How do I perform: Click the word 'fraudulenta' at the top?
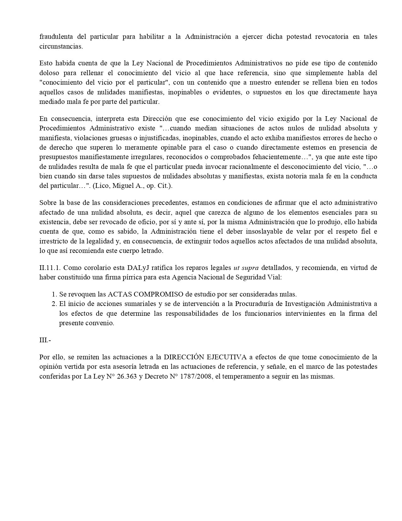(55, 37)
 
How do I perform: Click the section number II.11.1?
(50, 268)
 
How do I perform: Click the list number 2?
(54, 304)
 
